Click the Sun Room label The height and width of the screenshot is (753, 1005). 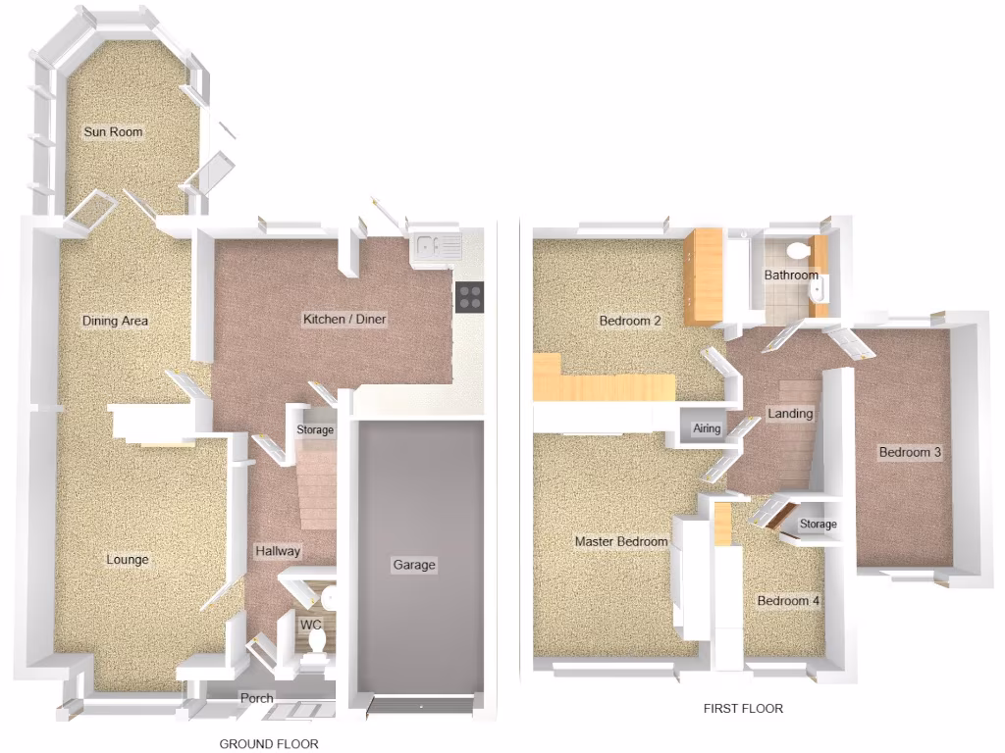click(113, 132)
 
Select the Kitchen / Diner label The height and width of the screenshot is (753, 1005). click(344, 320)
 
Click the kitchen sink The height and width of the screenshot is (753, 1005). click(437, 247)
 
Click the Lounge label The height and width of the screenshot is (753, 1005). click(128, 560)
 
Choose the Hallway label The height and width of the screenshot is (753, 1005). click(278, 551)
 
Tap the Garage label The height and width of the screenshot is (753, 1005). click(413, 565)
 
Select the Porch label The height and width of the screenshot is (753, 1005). click(257, 698)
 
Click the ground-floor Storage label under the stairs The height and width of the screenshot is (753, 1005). click(315, 430)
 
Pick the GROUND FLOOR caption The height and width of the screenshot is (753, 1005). click(269, 744)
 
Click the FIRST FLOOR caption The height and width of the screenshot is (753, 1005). click(743, 708)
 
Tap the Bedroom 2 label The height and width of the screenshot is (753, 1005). click(630, 321)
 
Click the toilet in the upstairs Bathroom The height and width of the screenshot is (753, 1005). click(798, 251)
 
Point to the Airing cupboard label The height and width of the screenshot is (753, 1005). click(707, 429)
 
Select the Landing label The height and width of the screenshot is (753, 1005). click(790, 414)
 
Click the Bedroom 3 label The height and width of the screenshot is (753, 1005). click(910, 452)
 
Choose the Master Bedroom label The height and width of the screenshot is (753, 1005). click(621, 541)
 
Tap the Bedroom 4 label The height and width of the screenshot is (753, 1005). click(788, 601)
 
